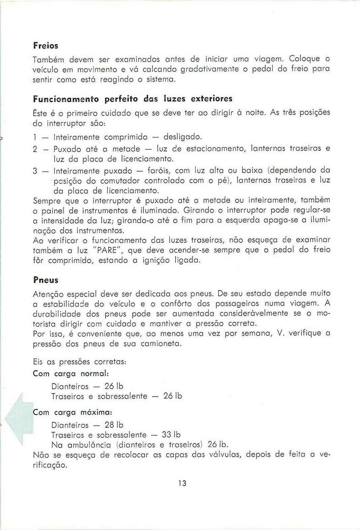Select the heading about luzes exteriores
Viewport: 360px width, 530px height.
pos(133,99)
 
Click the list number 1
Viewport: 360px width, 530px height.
pos(35,137)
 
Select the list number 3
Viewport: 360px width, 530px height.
pos(35,171)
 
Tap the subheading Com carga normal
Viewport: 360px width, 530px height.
pos(71,374)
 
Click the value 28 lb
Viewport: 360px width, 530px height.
pos(115,424)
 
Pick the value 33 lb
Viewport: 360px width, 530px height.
pos(172,434)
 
